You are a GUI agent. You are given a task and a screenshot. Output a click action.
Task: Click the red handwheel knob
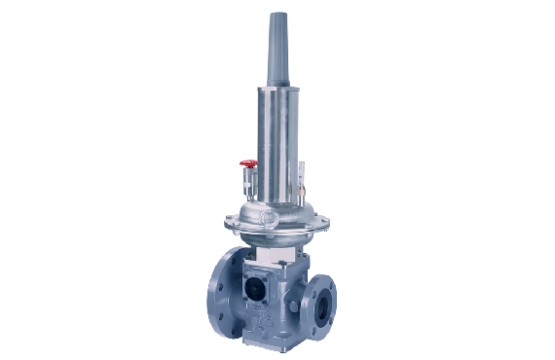[x=249, y=164]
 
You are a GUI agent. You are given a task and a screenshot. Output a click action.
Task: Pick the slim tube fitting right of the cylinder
[x=302, y=177]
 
